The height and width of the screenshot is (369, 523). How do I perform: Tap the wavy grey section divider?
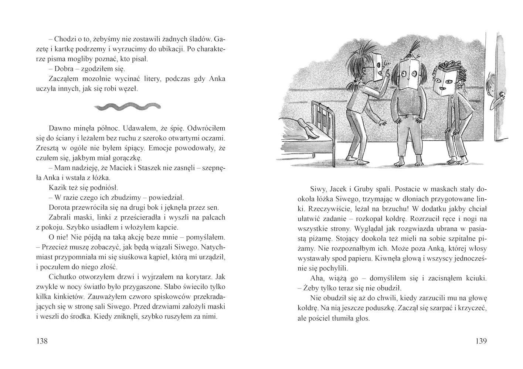coord(128,107)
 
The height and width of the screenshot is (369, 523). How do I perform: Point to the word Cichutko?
coord(62,277)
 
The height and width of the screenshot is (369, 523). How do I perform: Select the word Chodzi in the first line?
coord(68,39)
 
